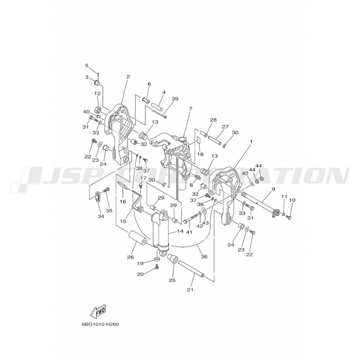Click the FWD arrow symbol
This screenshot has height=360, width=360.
98,312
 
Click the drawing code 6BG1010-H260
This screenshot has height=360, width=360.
100,325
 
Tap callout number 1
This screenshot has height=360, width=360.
251,141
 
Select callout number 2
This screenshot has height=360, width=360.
128,77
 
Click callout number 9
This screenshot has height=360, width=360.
273,189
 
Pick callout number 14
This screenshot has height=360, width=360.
180,231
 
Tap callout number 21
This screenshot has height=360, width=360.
190,290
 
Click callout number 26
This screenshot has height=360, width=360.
130,257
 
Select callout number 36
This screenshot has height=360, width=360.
204,256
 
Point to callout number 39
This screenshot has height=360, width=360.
175,99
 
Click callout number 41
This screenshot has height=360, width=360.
189,232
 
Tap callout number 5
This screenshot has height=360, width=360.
87,66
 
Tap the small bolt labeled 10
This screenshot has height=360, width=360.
289,217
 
